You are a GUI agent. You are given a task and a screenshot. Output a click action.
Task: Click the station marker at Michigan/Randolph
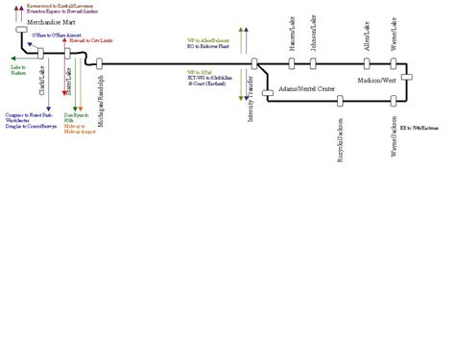(x=100, y=63)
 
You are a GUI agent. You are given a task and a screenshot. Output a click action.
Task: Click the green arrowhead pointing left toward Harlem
(x=12, y=59)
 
